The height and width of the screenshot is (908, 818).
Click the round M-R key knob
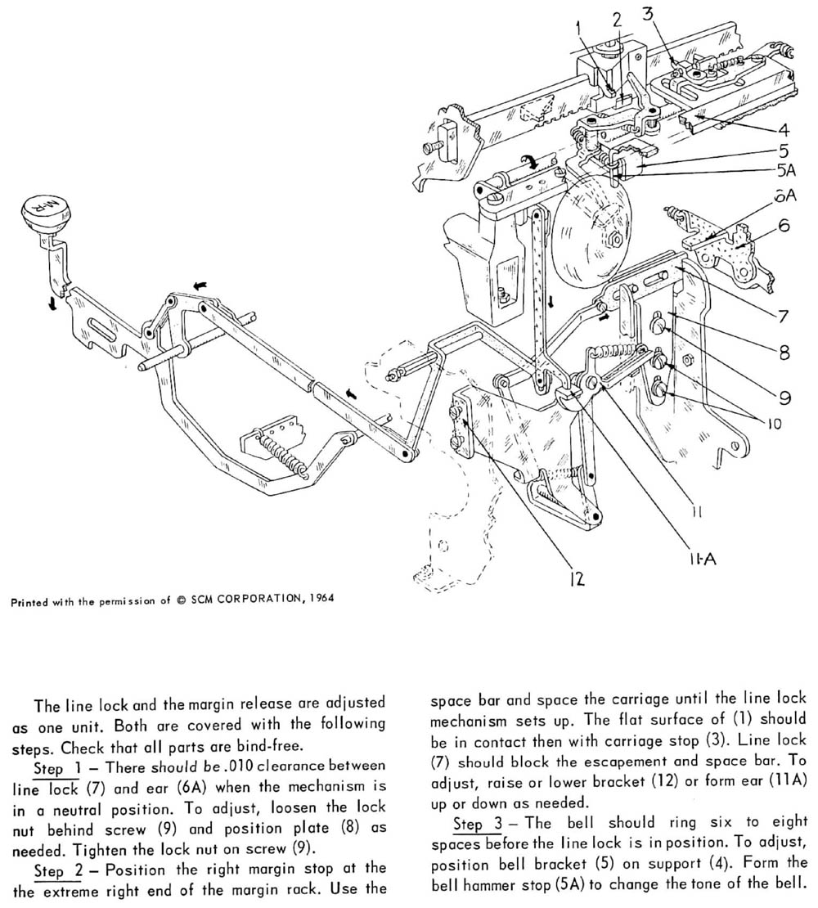[39, 215]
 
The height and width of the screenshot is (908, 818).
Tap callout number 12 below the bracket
[577, 579]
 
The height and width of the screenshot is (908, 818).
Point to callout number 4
[784, 128]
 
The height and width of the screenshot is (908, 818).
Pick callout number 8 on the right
[784, 355]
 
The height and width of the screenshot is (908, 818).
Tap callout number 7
[784, 314]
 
